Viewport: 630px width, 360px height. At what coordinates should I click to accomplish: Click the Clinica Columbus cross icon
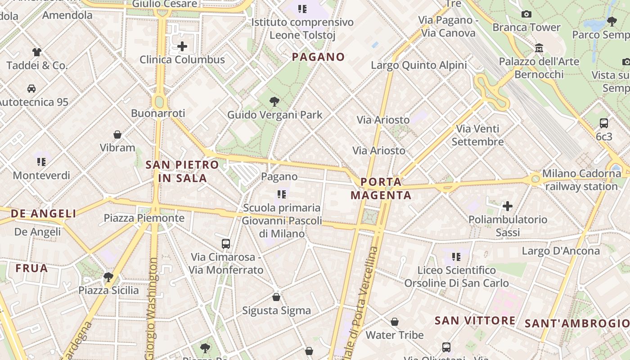pyautogui.click(x=182, y=46)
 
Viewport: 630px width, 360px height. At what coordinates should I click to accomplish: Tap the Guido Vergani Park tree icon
pyautogui.click(x=274, y=102)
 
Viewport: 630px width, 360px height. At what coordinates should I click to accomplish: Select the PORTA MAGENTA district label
pyautogui.click(x=381, y=189)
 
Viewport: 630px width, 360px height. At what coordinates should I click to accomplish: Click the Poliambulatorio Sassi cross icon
pyautogui.click(x=508, y=206)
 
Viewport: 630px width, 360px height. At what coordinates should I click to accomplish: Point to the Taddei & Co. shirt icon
pyautogui.click(x=36, y=52)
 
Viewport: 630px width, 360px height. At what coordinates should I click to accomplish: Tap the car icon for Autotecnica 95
pyautogui.click(x=31, y=89)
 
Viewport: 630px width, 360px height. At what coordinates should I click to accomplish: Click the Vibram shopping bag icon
pyautogui.click(x=117, y=135)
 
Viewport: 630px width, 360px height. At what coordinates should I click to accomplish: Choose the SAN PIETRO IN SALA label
pyautogui.click(x=182, y=171)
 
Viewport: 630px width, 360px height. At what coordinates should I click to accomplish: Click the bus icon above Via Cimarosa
pyautogui.click(x=226, y=244)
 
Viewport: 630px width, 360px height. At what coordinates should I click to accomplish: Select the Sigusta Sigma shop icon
pyautogui.click(x=276, y=297)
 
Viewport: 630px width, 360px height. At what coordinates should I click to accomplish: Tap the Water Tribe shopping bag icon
pyautogui.click(x=395, y=322)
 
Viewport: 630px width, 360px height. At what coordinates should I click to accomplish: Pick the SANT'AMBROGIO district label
pyautogui.click(x=577, y=323)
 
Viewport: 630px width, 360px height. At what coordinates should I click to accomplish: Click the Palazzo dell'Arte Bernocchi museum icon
pyautogui.click(x=539, y=48)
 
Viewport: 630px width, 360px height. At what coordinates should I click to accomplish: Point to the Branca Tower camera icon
pyautogui.click(x=526, y=14)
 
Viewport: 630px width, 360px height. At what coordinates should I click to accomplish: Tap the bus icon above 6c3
pyautogui.click(x=604, y=123)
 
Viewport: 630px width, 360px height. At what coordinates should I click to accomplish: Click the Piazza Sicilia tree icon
pyautogui.click(x=108, y=277)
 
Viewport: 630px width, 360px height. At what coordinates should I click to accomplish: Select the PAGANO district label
pyautogui.click(x=318, y=57)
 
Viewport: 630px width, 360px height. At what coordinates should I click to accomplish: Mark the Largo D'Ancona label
pyautogui.click(x=561, y=251)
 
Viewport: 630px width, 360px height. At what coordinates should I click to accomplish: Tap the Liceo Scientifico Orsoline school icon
pyautogui.click(x=456, y=257)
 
